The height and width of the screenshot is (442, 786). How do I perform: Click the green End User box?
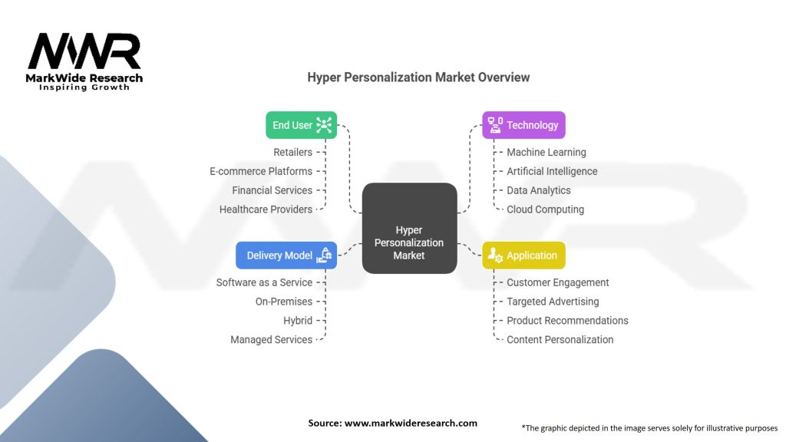(301, 125)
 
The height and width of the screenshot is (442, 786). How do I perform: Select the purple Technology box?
(523, 125)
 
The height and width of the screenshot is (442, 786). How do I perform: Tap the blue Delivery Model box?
(286, 255)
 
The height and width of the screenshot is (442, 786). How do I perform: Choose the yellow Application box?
(523, 255)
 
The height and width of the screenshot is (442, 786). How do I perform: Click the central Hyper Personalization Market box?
(410, 228)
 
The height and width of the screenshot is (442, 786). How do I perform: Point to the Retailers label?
(292, 153)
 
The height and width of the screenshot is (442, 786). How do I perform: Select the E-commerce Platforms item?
(261, 171)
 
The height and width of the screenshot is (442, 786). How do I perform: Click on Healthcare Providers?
(266, 209)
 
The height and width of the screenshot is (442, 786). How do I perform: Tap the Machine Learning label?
(547, 153)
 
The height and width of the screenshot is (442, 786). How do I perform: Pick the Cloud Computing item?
(546, 209)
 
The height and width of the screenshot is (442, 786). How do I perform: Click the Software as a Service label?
(264, 282)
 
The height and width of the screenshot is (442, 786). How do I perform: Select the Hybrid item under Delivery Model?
(298, 321)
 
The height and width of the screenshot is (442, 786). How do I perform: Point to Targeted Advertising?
(553, 302)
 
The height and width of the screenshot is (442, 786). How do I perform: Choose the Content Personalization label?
(560, 340)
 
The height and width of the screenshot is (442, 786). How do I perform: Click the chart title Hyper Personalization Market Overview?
(418, 78)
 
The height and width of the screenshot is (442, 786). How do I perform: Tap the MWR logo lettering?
(84, 51)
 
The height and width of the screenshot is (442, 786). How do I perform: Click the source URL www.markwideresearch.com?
(411, 423)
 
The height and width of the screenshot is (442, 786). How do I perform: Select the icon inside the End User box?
(324, 125)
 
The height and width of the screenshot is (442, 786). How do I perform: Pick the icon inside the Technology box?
(495, 125)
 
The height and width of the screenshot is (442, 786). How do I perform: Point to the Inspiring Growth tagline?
(84, 87)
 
